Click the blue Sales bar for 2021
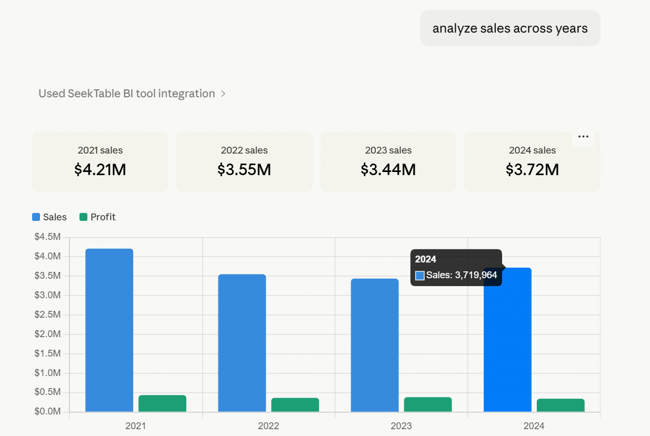[109, 330]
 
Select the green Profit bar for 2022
[295, 404]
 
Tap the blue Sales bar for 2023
[375, 345]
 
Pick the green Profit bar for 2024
[561, 405]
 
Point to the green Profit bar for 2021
[162, 403]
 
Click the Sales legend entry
[49, 217]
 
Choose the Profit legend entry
[97, 217]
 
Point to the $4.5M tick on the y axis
[47, 237]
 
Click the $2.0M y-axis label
[47, 334]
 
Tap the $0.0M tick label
[47, 411]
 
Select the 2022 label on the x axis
[268, 426]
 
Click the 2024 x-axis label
[534, 426]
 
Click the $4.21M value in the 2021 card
[100, 169]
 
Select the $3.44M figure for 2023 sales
[388, 169]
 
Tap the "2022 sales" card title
[244, 150]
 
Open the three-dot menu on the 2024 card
[583, 137]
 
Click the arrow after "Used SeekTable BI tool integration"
[223, 94]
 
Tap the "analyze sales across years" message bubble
[510, 28]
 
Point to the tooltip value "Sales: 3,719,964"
[462, 275]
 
